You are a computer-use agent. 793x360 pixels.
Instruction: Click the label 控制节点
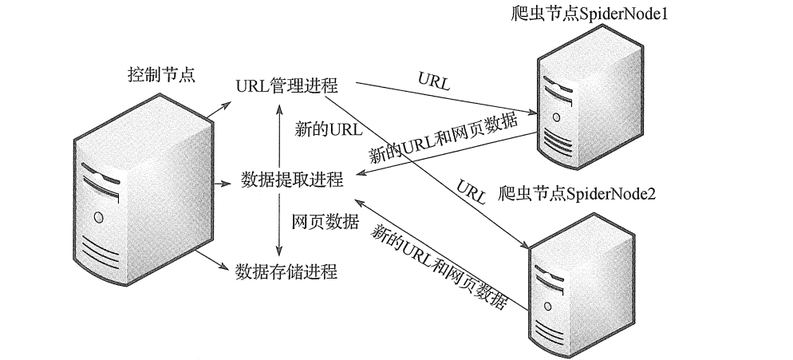click(161, 75)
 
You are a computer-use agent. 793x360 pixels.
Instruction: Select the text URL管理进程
click(287, 85)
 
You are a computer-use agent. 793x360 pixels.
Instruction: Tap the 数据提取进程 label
click(291, 180)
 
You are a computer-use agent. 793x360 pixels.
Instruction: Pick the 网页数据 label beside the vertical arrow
click(325, 221)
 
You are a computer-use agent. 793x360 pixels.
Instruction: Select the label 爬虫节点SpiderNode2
click(577, 193)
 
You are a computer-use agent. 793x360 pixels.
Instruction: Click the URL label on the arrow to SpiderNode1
click(433, 80)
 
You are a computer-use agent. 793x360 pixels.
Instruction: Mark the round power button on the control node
click(99, 216)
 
